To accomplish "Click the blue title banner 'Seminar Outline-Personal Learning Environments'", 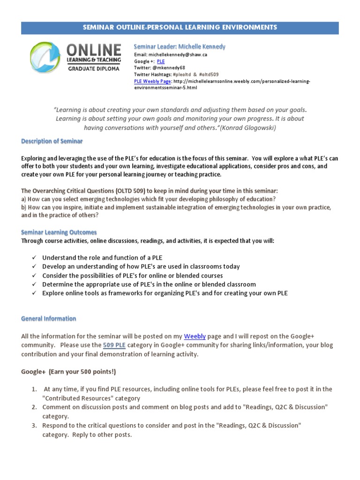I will point(180,28).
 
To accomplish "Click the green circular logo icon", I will point(45,57).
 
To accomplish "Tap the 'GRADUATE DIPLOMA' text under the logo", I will point(94,68).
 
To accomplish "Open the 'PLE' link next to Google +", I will point(161,61).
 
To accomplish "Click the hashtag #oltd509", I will point(208,75).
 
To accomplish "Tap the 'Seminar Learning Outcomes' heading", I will point(59,232).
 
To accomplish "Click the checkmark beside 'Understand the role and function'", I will point(34,258).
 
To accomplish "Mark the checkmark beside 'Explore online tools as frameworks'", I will point(34,293).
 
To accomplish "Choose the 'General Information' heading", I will point(49,319).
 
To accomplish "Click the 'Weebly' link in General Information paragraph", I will point(195,336).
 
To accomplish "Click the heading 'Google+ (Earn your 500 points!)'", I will point(68,372).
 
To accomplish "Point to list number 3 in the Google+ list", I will point(34,426).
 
